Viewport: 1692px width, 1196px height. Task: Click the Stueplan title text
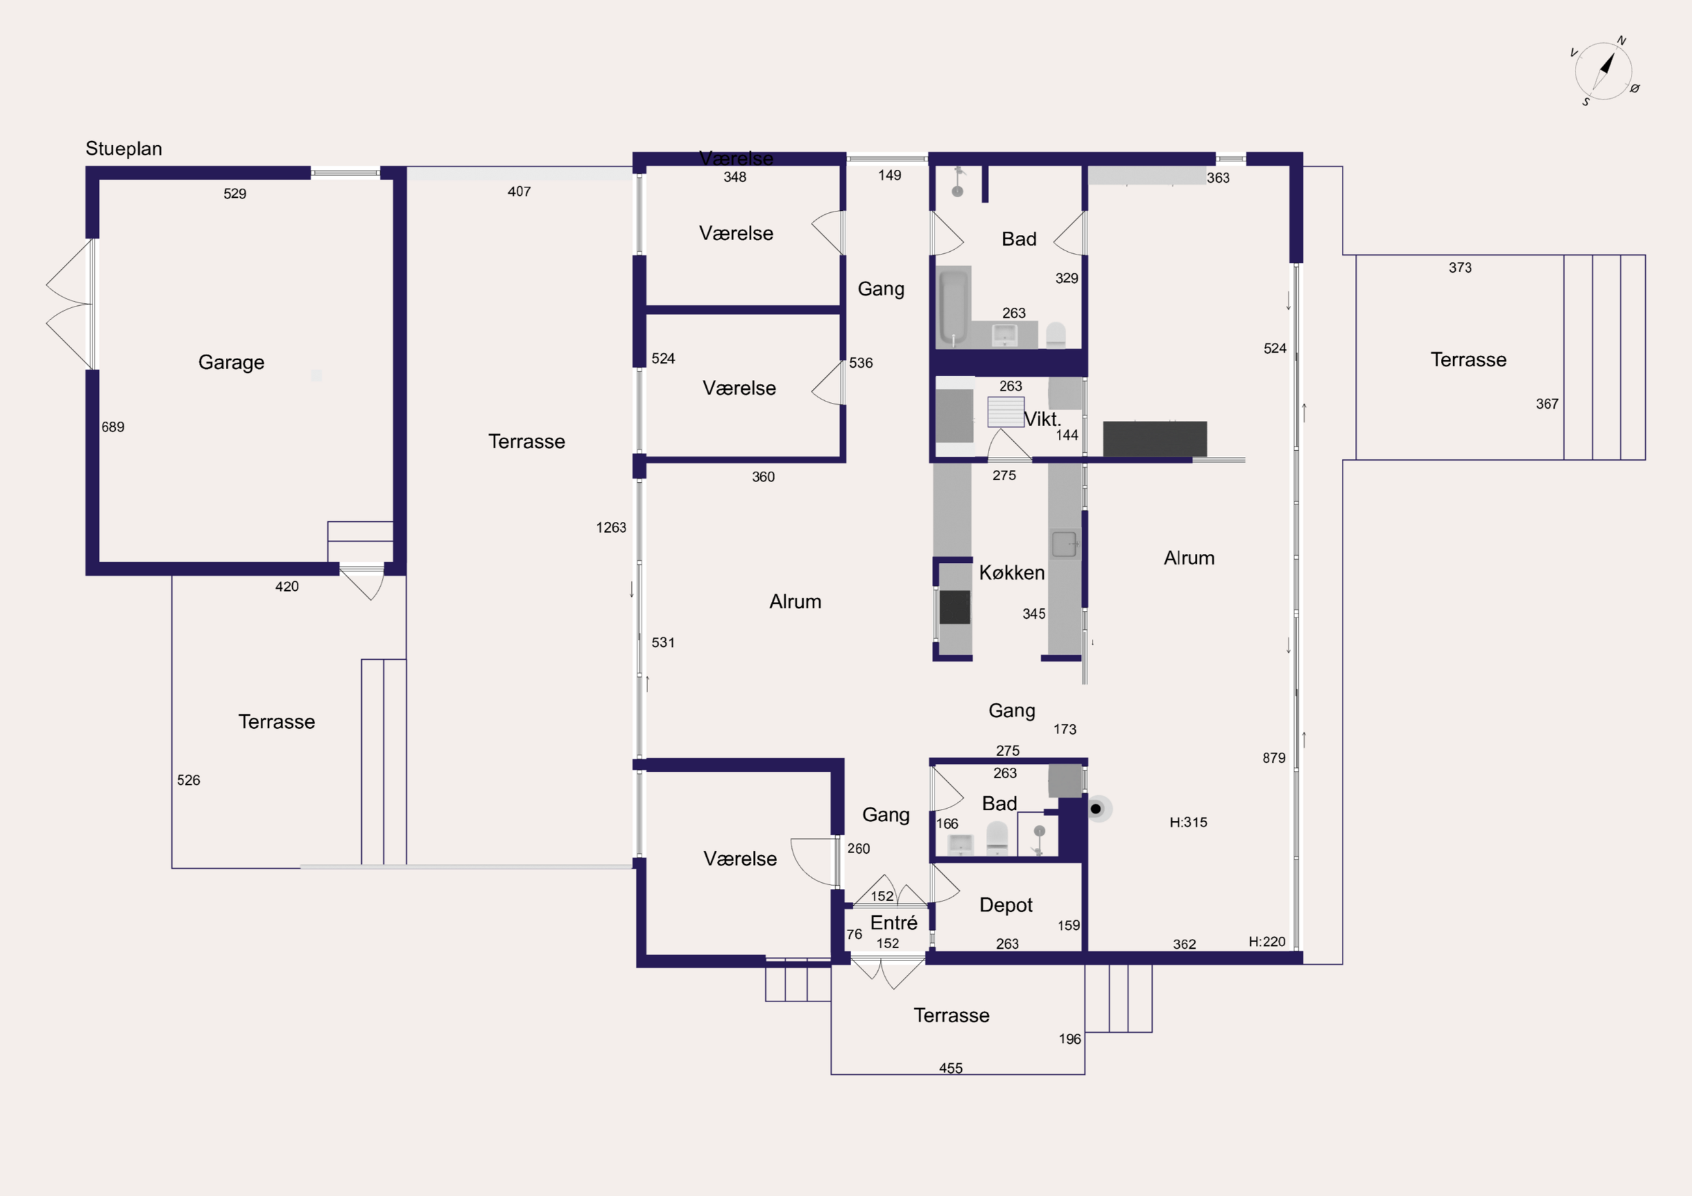[x=124, y=149]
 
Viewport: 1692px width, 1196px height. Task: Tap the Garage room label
[x=232, y=362]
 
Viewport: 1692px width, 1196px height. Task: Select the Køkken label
[x=1012, y=573]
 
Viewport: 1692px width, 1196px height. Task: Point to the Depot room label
[x=1006, y=906]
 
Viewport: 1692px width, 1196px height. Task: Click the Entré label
[x=894, y=923]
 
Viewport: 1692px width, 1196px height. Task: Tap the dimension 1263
[x=611, y=528]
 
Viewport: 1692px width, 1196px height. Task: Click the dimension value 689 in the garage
[x=113, y=428]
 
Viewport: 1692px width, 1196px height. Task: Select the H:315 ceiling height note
[x=1189, y=822]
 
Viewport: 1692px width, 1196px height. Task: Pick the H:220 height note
[x=1267, y=942]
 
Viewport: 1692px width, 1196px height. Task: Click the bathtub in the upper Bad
[x=953, y=307]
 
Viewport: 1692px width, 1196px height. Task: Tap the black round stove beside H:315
[x=1096, y=809]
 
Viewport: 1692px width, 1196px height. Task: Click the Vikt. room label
[x=1042, y=419]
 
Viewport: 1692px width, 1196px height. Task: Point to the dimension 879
[x=1274, y=758]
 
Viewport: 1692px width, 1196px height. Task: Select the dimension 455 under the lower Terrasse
[x=951, y=1068]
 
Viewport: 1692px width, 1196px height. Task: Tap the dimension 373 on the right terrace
[x=1460, y=268]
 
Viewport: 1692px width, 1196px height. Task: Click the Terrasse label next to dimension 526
[x=277, y=722]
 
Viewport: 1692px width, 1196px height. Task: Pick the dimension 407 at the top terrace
[x=519, y=191]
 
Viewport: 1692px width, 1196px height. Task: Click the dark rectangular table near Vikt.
[x=1154, y=439]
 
